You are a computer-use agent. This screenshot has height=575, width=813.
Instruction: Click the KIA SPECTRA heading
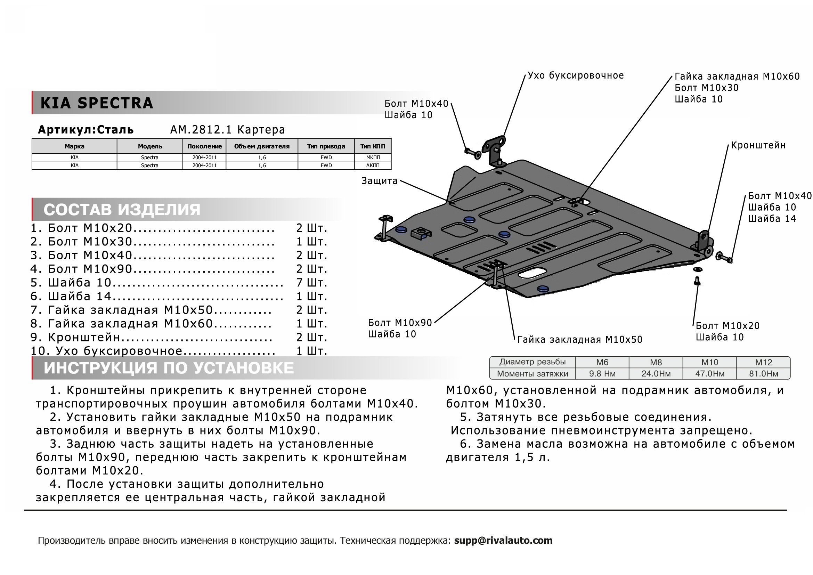click(x=97, y=103)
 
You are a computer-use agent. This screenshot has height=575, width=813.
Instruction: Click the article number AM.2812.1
click(x=201, y=130)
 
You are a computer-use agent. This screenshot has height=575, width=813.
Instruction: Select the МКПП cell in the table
click(x=373, y=157)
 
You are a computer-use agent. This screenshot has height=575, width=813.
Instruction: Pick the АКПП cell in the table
click(x=373, y=165)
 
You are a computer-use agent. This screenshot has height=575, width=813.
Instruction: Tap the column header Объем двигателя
click(x=262, y=146)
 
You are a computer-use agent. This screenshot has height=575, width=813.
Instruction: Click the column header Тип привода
click(x=326, y=146)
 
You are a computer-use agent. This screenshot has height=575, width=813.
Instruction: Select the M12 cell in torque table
click(x=763, y=363)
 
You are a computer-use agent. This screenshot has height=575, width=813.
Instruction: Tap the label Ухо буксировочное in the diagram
click(x=575, y=75)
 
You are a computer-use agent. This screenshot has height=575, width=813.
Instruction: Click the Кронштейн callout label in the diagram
click(x=758, y=146)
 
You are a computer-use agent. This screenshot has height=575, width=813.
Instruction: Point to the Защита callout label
click(x=379, y=181)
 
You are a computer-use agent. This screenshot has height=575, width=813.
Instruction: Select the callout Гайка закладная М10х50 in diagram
click(x=580, y=340)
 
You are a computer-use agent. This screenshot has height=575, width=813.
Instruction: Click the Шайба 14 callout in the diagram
click(x=772, y=219)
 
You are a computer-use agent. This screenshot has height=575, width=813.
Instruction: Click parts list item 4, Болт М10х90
click(x=90, y=269)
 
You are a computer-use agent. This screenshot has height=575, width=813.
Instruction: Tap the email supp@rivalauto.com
click(x=503, y=541)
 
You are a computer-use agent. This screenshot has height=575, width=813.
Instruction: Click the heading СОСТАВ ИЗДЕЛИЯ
click(x=122, y=210)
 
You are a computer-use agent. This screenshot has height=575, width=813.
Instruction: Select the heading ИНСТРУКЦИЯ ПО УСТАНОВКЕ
click(x=169, y=368)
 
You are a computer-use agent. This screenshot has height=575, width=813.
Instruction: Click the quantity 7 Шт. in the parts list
click(x=311, y=283)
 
